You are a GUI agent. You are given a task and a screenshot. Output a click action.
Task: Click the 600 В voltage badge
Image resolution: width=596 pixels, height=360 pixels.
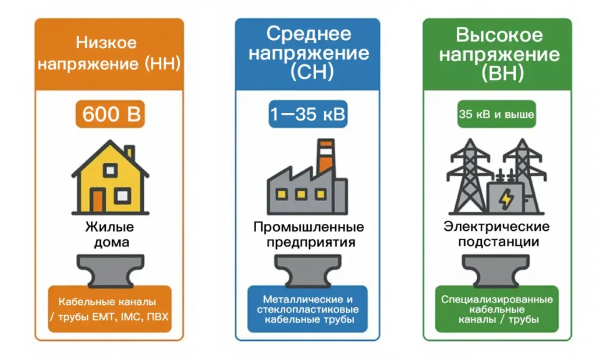click(x=110, y=114)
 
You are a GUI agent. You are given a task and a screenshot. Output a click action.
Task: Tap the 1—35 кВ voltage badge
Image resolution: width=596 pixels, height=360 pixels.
click(x=308, y=114)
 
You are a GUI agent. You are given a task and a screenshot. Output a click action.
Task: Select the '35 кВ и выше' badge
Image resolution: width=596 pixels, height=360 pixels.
click(x=496, y=114)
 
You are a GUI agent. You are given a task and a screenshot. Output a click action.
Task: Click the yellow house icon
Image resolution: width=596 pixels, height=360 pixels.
click(x=110, y=177)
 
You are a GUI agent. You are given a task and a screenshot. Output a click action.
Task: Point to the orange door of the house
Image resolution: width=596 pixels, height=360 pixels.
click(x=98, y=201)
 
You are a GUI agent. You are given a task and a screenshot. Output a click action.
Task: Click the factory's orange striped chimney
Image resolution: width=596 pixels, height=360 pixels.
click(x=326, y=156)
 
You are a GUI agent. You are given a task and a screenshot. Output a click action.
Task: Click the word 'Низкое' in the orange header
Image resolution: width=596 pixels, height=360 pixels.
click(x=106, y=42)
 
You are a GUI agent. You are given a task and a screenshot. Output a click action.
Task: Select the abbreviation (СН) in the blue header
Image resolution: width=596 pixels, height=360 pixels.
click(x=312, y=72)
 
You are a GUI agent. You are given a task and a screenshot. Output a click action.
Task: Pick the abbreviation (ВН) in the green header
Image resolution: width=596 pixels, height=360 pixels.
click(x=503, y=73)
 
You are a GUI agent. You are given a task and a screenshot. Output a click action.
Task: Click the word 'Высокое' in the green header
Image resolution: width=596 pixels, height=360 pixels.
click(x=499, y=35)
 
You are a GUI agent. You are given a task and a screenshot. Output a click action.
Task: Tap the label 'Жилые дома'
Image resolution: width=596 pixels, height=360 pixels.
click(x=110, y=234)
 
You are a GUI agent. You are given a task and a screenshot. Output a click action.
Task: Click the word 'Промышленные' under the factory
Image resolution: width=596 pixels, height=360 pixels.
click(x=308, y=227)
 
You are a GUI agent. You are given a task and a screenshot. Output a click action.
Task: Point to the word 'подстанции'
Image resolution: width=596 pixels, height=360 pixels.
click(x=498, y=242)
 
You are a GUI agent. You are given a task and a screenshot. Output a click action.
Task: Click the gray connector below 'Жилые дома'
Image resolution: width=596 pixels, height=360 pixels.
click(x=111, y=270)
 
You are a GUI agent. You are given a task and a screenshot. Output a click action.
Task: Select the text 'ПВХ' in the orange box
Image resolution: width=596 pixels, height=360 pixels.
click(x=157, y=317)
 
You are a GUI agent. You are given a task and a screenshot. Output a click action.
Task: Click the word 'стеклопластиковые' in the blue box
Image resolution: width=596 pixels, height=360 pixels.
click(x=307, y=309)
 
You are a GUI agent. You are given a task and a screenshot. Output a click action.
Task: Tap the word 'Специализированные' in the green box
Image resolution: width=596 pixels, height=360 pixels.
click(x=497, y=300)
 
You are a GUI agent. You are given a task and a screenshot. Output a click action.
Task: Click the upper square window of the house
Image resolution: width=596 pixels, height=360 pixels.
click(x=110, y=170)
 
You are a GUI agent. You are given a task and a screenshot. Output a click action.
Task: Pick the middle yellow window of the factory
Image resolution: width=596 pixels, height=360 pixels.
click(x=301, y=195)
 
